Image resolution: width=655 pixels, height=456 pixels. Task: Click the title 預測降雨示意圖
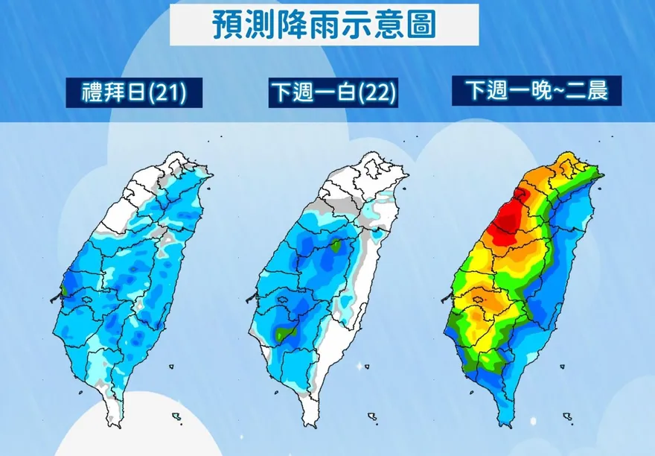click(324, 25)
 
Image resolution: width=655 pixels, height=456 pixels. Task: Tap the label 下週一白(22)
click(333, 93)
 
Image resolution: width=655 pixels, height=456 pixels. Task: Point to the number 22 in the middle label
click(376, 94)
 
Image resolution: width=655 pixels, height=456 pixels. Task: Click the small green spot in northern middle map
click(336, 244)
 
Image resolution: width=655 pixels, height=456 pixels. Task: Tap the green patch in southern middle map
click(281, 335)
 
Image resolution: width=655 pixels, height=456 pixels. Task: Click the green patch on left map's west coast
click(63, 284)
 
